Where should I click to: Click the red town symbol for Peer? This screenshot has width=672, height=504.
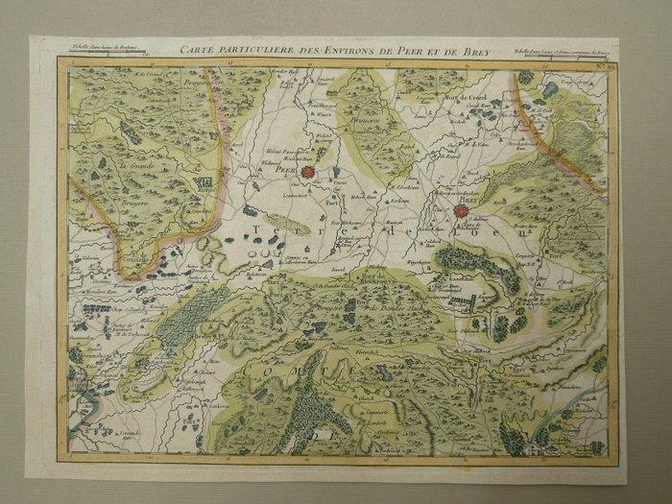(x=334, y=173)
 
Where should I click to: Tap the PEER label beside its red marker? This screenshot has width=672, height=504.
(x=313, y=175)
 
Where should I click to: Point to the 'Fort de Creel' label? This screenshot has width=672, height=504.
(x=467, y=99)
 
